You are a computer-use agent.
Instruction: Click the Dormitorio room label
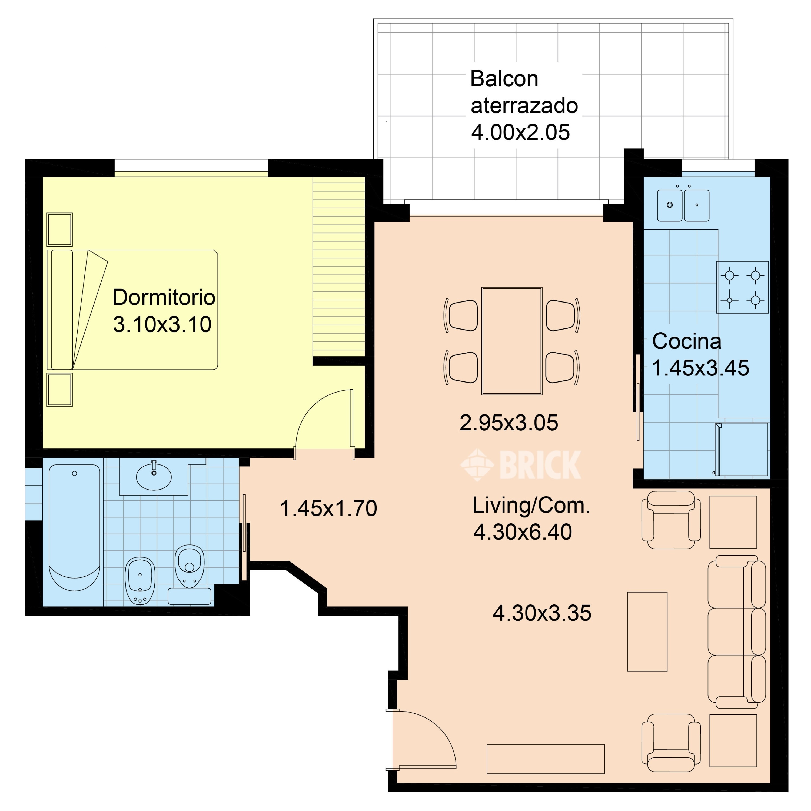(164, 297)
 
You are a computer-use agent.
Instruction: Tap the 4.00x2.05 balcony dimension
(520, 132)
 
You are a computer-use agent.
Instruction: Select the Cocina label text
(687, 341)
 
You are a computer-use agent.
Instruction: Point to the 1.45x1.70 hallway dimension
(328, 508)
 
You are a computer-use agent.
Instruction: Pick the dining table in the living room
(512, 341)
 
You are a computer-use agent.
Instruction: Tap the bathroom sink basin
(154, 476)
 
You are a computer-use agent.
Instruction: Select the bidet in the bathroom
(140, 581)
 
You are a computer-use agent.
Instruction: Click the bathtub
(74, 527)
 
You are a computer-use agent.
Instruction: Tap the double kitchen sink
(683, 205)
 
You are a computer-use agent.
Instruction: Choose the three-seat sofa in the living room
(736, 632)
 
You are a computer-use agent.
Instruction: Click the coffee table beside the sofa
(647, 631)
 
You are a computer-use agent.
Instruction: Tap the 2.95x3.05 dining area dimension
(509, 423)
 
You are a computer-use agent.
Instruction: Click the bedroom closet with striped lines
(338, 267)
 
